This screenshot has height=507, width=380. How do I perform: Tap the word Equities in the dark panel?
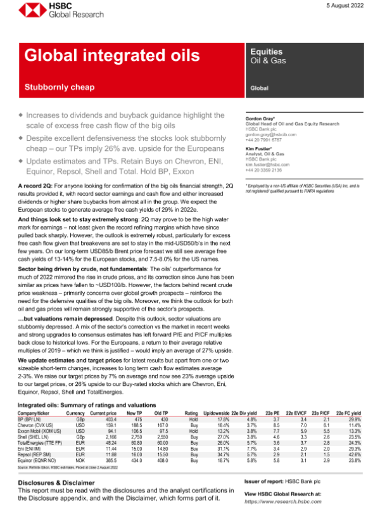[x=267, y=52]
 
